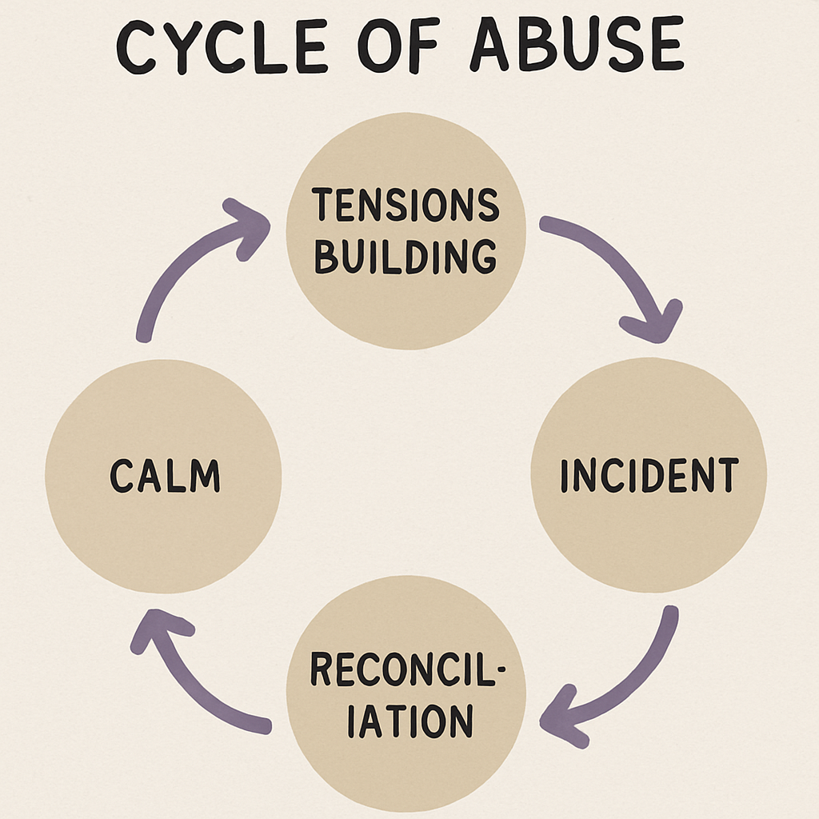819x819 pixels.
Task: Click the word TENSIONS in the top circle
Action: tap(406, 206)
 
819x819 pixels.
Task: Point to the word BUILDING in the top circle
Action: tap(406, 257)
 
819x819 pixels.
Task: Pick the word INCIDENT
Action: tap(648, 476)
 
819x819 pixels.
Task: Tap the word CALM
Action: tap(165, 477)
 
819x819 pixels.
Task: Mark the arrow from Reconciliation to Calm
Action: tap(192, 680)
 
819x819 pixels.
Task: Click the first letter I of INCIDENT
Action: tap(565, 476)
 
